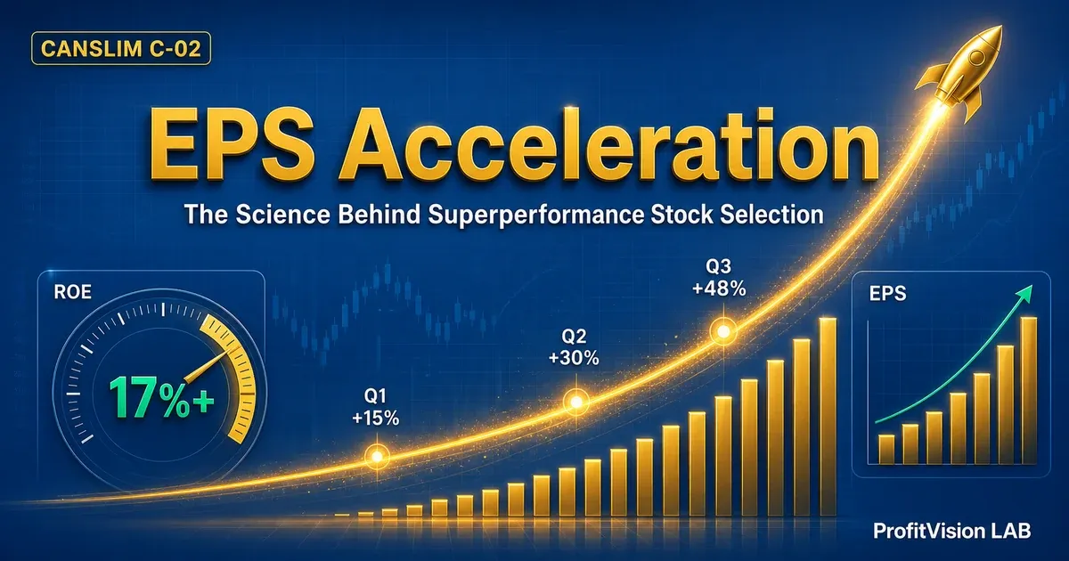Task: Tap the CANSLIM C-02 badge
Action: point(121,48)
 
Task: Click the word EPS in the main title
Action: point(231,145)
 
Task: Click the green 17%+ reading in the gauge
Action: point(161,397)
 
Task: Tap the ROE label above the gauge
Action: point(72,292)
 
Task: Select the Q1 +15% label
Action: point(376,407)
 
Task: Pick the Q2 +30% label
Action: point(574,346)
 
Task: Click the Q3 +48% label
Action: point(719,277)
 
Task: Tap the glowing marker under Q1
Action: point(377,457)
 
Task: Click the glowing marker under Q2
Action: point(576,402)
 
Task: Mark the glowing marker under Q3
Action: point(723,331)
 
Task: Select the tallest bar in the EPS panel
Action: point(1029,391)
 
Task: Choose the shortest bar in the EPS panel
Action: point(886,450)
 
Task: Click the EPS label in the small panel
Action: point(887,293)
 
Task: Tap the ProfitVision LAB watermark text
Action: point(952,531)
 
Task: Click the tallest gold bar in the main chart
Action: point(828,417)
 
